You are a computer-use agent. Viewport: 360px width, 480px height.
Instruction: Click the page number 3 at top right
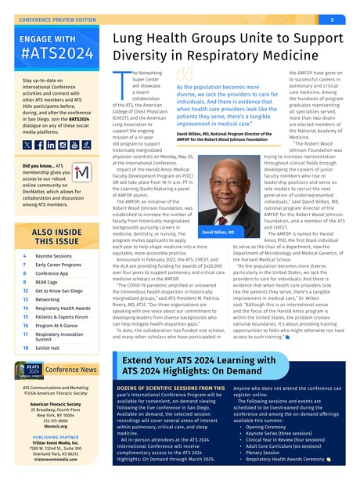[x=332, y=20]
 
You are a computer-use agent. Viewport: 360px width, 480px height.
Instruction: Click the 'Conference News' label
[x=71, y=391]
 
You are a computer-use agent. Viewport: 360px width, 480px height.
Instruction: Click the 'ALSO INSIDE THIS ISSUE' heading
[x=55, y=236]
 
